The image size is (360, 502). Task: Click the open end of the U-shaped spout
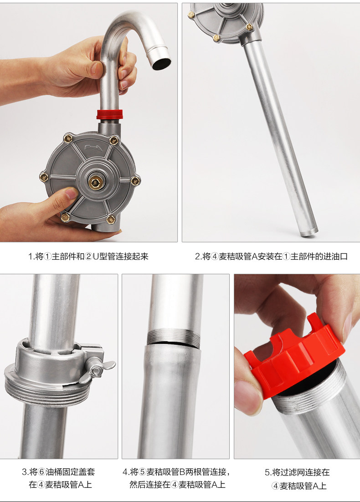point(161,63)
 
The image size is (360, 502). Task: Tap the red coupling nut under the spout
point(110,114)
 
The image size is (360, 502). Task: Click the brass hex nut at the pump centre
point(94,183)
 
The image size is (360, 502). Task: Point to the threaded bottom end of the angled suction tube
point(309,231)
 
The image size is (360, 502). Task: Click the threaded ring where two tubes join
point(173,337)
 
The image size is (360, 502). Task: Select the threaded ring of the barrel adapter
point(47,392)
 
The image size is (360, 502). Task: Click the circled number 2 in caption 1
point(89,256)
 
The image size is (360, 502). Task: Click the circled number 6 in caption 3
point(41,472)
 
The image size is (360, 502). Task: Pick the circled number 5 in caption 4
point(143,472)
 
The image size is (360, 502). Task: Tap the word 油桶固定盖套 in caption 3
point(70,472)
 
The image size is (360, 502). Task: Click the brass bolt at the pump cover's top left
point(68,138)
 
